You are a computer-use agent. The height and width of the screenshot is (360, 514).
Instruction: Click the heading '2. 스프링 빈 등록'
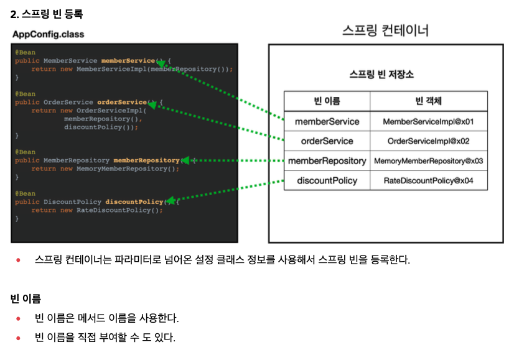click(47, 14)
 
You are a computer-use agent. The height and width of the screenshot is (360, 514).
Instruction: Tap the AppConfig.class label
click(48, 34)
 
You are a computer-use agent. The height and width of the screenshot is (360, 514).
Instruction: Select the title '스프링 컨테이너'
click(386, 30)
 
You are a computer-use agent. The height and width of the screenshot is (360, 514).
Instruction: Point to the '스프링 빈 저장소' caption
click(381, 75)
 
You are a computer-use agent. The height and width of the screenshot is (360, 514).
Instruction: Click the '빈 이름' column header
click(327, 101)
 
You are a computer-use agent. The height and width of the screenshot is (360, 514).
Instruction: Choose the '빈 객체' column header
click(429, 101)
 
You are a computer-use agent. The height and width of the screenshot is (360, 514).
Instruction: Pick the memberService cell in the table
click(327, 121)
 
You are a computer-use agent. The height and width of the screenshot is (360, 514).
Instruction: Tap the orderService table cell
click(327, 141)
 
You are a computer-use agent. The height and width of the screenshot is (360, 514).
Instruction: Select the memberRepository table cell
click(327, 161)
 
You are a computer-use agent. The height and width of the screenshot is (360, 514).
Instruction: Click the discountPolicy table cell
click(327, 180)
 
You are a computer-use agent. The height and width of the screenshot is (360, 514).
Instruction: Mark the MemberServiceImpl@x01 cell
click(429, 121)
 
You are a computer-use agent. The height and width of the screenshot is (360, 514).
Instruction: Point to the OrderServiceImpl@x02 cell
click(429, 141)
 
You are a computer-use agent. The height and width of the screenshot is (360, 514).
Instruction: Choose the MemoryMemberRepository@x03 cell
click(429, 161)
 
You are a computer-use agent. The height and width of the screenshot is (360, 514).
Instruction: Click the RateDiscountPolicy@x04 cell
click(429, 180)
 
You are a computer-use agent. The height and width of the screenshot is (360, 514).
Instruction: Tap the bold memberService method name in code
click(128, 60)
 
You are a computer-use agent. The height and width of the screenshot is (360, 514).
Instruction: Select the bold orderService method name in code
click(122, 102)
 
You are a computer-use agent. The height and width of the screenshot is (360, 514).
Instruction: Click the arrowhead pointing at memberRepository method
click(185, 160)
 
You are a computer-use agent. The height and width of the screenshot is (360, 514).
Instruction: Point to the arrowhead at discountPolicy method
click(170, 200)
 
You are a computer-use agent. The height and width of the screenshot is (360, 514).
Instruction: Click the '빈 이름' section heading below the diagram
click(26, 298)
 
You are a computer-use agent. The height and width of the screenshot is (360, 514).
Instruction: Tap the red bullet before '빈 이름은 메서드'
click(19, 318)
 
